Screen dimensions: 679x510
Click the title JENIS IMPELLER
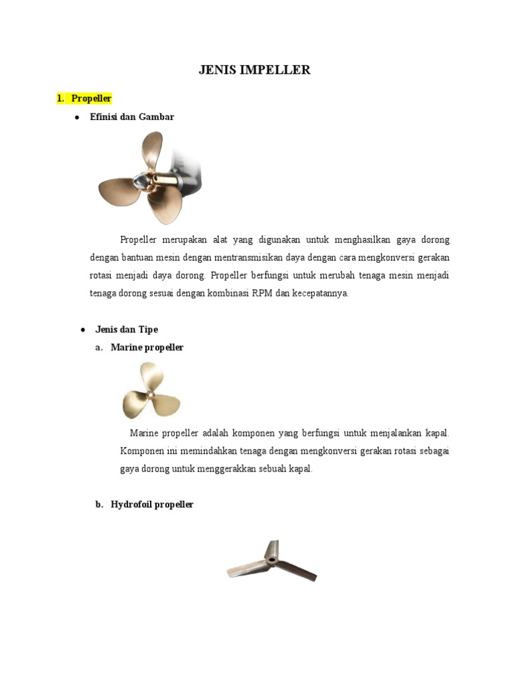click(254, 70)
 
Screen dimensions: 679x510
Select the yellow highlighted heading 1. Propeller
click(84, 98)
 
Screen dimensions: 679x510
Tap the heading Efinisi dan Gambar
click(131, 117)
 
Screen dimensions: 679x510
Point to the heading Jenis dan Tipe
click(126, 329)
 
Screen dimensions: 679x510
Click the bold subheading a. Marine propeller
click(147, 347)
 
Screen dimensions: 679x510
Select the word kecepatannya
click(318, 293)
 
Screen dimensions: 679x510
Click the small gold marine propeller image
click(151, 391)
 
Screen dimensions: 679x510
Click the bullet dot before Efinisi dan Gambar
click(77, 117)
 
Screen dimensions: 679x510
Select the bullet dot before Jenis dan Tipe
click(82, 330)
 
